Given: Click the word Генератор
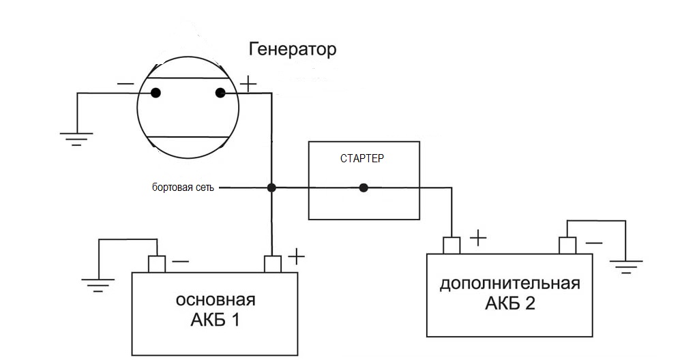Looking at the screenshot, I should tap(293, 50).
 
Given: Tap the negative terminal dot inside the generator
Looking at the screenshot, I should tap(155, 93).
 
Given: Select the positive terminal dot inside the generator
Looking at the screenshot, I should tap(220, 93).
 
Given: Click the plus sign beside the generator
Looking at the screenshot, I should tap(248, 85).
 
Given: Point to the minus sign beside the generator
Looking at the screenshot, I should tap(125, 83).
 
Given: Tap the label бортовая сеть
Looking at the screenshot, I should tap(183, 187).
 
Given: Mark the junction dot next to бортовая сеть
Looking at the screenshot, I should tap(271, 187).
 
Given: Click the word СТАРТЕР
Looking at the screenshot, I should tap(361, 159).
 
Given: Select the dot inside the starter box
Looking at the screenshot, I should tap(364, 187).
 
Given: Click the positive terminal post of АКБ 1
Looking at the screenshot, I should tap(273, 263).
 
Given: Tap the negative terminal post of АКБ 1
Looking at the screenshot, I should tap(158, 263).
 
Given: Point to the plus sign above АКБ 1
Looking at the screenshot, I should tap(296, 256).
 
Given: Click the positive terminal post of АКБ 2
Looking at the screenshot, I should tap(451, 245).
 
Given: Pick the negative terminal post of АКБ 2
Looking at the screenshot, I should tap(567, 245).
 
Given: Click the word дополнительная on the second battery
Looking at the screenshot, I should tap(510, 283).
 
